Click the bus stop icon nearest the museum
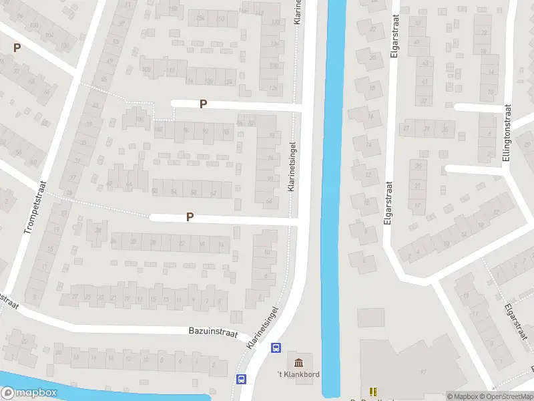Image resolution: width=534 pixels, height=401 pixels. click(x=275, y=348)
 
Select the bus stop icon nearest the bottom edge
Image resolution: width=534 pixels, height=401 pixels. click(x=241, y=379)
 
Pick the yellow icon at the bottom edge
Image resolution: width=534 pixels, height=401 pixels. click(x=372, y=391)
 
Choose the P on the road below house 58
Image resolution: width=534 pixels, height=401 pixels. click(x=190, y=217)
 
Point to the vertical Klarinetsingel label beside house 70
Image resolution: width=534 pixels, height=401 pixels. click(x=292, y=167)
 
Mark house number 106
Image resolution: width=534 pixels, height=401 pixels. click(x=140, y=120)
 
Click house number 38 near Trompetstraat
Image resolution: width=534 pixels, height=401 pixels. click(x=98, y=231)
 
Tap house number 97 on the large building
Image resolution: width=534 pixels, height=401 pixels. click(x=423, y=371)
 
